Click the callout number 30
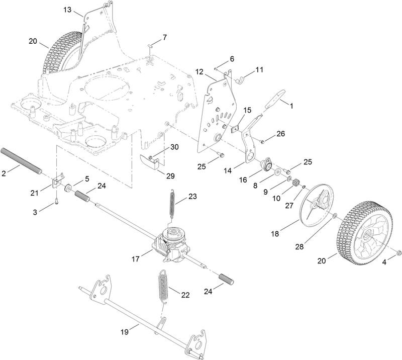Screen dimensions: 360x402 pos(174,147)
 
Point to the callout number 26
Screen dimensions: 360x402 pos(280,134)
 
